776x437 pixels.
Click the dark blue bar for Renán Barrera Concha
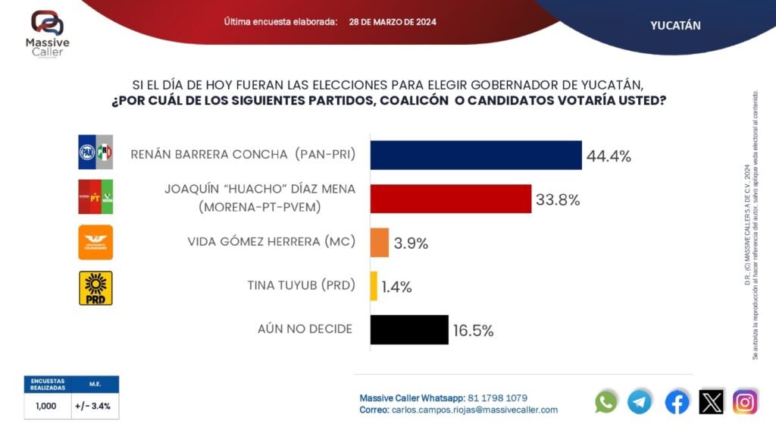click(475, 156)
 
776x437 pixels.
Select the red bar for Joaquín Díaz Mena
click(450, 199)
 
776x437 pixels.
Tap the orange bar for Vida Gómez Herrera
click(379, 243)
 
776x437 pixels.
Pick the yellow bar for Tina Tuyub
click(374, 286)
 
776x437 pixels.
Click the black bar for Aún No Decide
click(408, 330)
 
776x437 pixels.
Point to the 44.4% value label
click(608, 157)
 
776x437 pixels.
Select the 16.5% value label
click(473, 331)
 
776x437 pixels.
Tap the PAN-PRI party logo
click(95, 153)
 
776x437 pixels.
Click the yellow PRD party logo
click(95, 288)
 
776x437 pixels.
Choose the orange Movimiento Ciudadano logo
click(95, 243)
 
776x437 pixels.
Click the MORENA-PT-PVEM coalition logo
click(95, 197)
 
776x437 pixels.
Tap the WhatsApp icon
click(606, 401)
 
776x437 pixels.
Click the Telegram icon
click(640, 401)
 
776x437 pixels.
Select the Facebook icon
click(677, 401)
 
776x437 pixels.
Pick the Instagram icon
click(745, 401)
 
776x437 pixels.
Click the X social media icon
click(712, 401)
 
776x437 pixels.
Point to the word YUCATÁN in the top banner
click(675, 26)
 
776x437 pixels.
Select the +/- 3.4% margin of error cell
click(95, 406)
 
